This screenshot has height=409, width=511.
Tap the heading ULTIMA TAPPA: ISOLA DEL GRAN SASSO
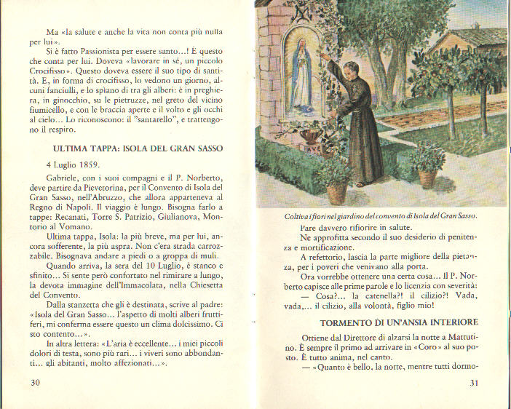tap(132, 148)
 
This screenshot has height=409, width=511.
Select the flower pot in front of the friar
tap(336, 187)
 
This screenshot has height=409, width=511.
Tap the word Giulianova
tap(175, 217)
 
